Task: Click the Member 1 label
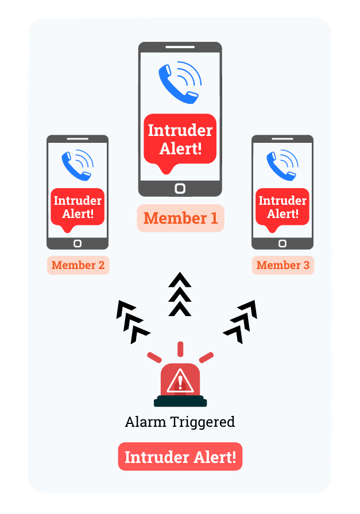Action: point(180,218)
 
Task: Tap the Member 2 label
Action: point(78,265)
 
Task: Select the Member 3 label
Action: point(282,265)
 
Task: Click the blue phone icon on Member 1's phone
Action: point(179,84)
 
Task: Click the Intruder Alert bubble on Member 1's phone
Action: point(180,139)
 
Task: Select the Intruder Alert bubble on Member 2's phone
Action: point(78,207)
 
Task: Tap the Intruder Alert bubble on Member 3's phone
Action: point(282,207)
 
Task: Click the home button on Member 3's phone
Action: point(282,243)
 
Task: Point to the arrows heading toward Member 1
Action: point(180,294)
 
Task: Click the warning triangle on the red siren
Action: point(180,380)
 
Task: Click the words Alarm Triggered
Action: point(180,422)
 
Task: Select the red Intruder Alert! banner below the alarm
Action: point(180,457)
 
